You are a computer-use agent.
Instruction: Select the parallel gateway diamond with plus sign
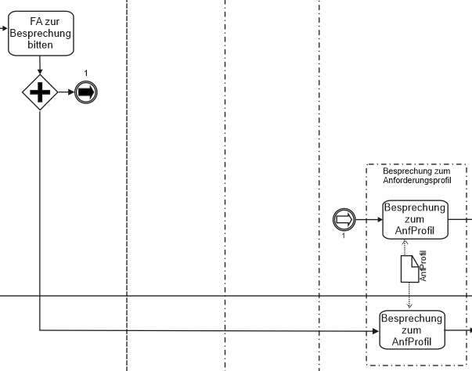pyautogui.click(x=40, y=92)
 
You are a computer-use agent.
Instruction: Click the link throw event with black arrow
pyautogui.click(x=86, y=92)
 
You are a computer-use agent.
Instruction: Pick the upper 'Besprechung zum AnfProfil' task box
pyautogui.click(x=415, y=219)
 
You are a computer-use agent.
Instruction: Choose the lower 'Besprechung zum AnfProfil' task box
pyautogui.click(x=412, y=330)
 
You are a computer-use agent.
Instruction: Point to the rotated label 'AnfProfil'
pyautogui.click(x=423, y=266)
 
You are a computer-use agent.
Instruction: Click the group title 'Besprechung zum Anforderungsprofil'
pyautogui.click(x=416, y=176)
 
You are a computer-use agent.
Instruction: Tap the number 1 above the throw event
pyautogui.click(x=86, y=74)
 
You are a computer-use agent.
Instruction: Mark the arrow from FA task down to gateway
pyautogui.click(x=40, y=64)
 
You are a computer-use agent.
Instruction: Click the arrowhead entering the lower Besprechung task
pyautogui.click(x=374, y=330)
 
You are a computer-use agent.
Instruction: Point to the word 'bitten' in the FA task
pyautogui.click(x=40, y=45)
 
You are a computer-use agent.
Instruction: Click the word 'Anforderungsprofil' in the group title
pyautogui.click(x=416, y=181)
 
